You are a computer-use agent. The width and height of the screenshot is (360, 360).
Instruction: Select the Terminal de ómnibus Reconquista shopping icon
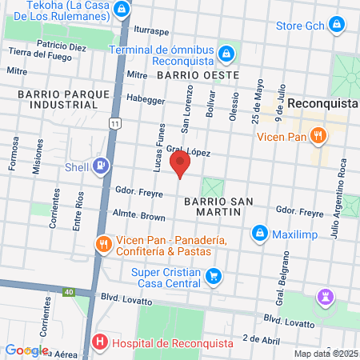(x=226, y=53)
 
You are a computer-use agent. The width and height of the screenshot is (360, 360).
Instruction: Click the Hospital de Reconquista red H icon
(x=100, y=342)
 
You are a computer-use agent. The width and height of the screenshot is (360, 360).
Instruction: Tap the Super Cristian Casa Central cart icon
(x=213, y=277)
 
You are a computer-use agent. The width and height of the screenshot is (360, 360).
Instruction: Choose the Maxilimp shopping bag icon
(x=258, y=234)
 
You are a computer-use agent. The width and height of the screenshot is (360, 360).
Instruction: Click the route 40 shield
(x=70, y=292)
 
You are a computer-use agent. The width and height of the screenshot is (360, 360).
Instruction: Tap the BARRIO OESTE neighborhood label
(x=198, y=74)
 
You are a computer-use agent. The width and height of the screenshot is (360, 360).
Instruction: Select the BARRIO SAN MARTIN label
(x=213, y=205)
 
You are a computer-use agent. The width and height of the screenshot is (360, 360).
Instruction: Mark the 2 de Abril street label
(x=259, y=338)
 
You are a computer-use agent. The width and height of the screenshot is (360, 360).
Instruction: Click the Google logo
(x=26, y=350)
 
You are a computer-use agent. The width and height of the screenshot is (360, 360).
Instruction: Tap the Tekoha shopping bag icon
(x=121, y=10)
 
